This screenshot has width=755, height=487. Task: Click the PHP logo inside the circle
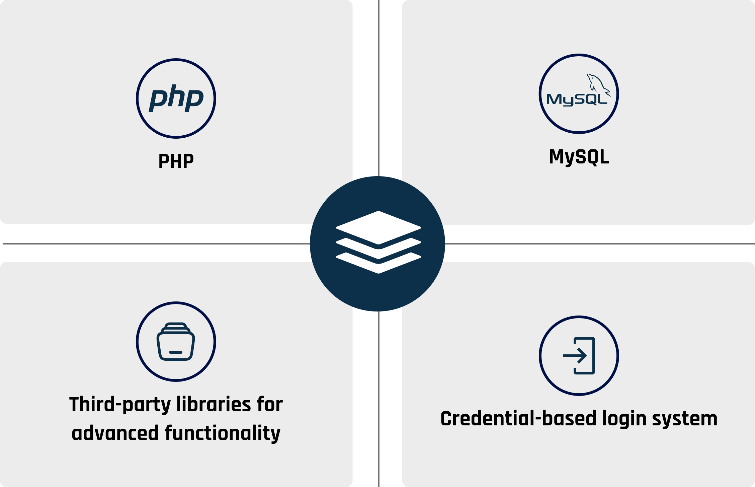point(176,98)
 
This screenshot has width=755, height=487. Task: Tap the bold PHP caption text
point(176,161)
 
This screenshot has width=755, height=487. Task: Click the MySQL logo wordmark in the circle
point(576,100)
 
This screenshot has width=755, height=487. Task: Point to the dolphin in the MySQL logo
point(597,84)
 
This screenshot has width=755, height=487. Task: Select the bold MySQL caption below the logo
point(579,157)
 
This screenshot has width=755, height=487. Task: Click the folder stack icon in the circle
point(176,342)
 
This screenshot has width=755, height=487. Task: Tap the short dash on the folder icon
point(176,352)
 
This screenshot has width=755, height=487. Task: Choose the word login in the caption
point(624,419)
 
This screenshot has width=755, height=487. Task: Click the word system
point(685,419)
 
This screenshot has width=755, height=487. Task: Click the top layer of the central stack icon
point(379,227)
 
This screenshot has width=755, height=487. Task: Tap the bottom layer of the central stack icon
point(379,268)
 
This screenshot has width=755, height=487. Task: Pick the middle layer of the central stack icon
point(379,253)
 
